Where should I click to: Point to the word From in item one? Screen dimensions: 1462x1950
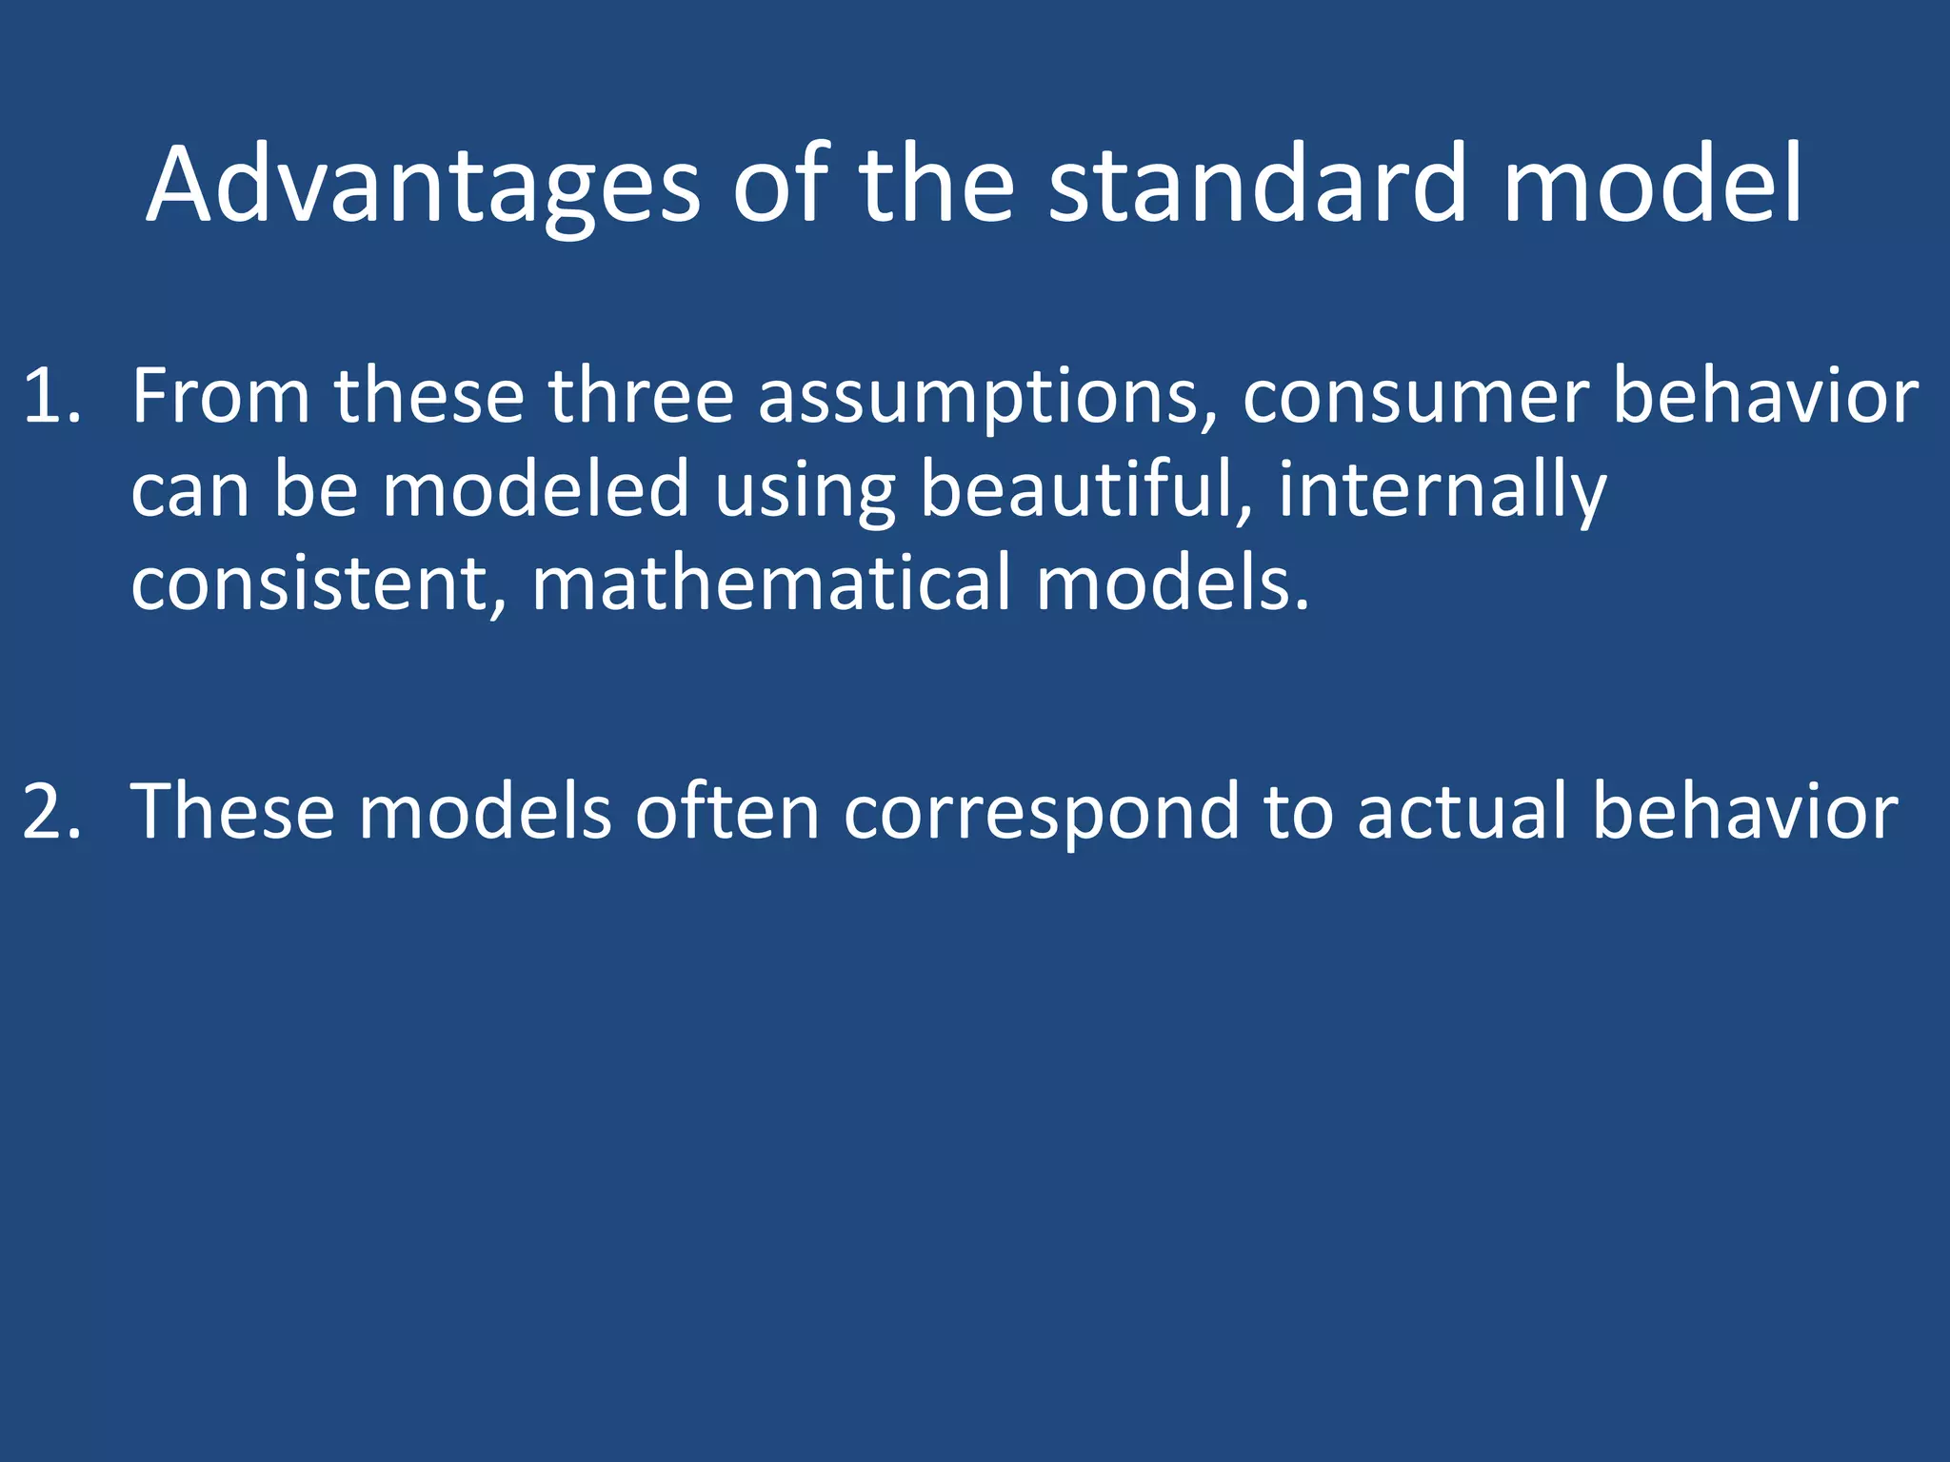click(x=221, y=396)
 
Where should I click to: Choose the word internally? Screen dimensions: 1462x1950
click(x=1442, y=491)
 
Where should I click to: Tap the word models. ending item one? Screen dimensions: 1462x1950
click(x=1173, y=583)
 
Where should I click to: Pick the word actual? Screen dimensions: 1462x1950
click(x=1462, y=811)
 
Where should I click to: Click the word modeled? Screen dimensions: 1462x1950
click(x=535, y=489)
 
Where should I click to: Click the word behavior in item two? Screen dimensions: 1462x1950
click(x=1745, y=811)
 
